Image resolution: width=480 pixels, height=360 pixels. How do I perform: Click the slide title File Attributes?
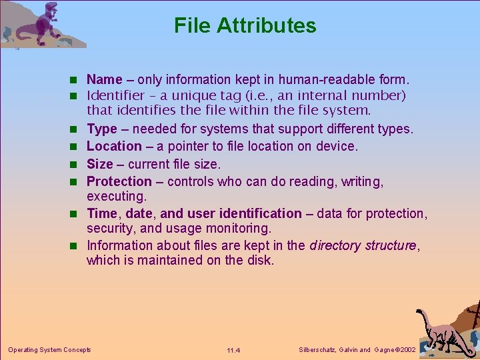pos(245,25)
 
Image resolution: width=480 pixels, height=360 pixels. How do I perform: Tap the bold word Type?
pos(101,129)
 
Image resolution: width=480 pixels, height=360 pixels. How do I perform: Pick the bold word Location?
pos(114,146)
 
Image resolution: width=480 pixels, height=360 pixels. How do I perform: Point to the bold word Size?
pos(100,164)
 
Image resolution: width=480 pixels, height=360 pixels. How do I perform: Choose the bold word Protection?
pos(119,181)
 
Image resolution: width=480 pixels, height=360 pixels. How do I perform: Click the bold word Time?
pos(101,213)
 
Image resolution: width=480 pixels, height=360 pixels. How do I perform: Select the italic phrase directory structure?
pos(363,245)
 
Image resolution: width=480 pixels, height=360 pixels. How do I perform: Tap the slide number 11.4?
pos(233,351)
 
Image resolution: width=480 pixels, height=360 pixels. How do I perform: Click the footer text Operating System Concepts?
pos(49,350)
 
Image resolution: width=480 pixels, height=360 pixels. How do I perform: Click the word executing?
pos(117,197)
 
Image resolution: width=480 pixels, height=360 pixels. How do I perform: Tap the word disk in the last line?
pos(261,260)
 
